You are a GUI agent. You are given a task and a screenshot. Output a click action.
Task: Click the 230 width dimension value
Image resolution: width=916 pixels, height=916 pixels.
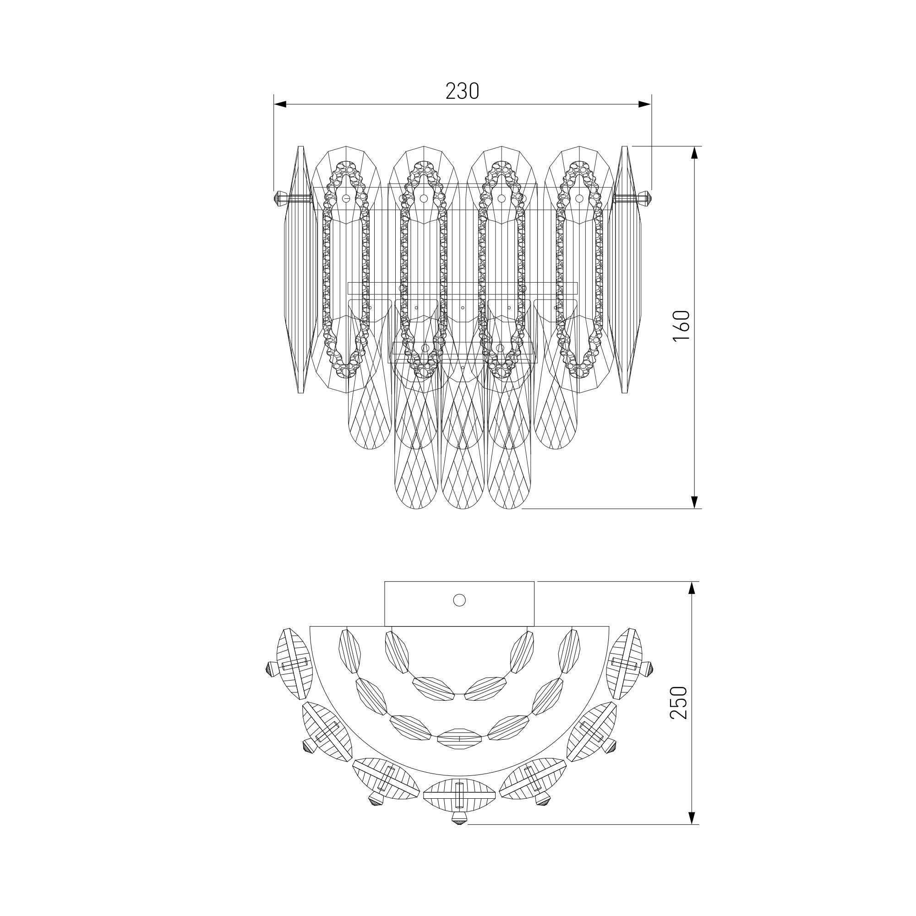pos(462,91)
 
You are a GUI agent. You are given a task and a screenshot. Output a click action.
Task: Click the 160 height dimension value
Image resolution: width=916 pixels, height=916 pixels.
pos(681,326)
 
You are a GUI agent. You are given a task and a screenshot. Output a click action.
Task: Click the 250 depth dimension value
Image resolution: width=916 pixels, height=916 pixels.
pos(678,703)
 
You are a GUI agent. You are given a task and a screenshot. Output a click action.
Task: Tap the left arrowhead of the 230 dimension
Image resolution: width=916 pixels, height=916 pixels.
pos(281,104)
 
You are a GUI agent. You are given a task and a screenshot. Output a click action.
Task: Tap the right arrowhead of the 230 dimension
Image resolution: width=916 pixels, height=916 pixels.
pos(644,104)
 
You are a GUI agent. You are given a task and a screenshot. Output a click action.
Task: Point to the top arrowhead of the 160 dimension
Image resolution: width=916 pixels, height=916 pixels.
pos(695,153)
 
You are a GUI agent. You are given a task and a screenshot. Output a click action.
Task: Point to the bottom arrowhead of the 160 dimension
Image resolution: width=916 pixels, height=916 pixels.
pos(695,502)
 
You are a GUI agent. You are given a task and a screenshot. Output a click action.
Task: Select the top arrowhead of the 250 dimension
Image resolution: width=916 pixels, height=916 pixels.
pos(692,588)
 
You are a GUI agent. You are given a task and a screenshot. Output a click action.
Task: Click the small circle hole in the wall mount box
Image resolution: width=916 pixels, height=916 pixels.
pos(459,600)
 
